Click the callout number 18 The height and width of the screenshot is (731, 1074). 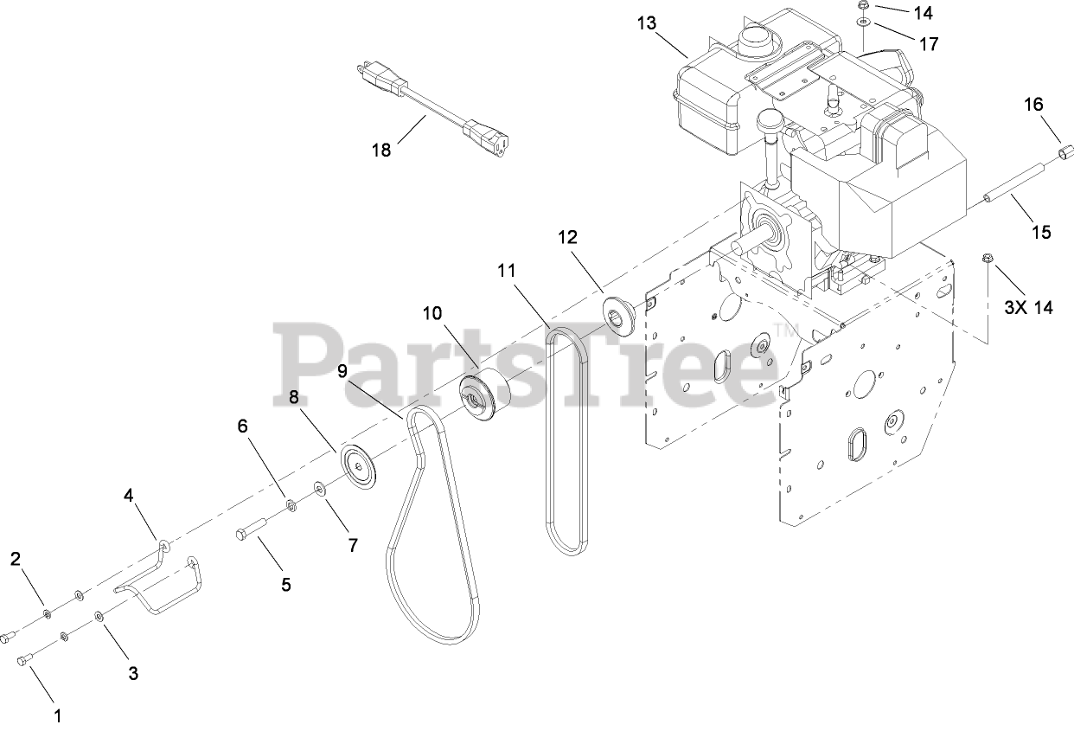381,150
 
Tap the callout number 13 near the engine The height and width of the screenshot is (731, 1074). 647,23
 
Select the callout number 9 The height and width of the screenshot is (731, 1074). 342,371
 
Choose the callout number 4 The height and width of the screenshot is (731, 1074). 129,496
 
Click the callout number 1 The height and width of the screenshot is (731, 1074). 58,715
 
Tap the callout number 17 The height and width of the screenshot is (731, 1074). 929,43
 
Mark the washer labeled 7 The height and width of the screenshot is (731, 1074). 321,490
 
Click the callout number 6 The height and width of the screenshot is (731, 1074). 242,426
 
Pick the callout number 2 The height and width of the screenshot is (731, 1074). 16,559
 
